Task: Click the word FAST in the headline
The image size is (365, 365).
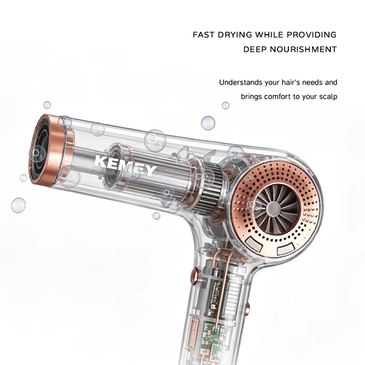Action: coord(203,35)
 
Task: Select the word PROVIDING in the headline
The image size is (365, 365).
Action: coord(311,35)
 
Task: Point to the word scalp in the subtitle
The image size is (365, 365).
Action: coord(328,97)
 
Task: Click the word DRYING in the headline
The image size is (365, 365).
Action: coord(235,35)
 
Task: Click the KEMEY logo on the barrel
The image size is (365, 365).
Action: coord(125,165)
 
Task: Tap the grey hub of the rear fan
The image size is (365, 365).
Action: coord(273,208)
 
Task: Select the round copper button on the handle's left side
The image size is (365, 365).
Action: coord(195,276)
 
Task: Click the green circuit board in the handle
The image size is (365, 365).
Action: coord(212,340)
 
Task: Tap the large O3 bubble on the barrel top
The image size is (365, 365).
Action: coord(155,141)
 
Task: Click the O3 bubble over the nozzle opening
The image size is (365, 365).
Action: coord(38,153)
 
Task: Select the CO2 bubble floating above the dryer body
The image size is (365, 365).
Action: coord(208,123)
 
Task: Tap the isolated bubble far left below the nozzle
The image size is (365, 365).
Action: coord(18,205)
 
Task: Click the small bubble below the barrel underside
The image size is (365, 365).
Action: coord(156,215)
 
